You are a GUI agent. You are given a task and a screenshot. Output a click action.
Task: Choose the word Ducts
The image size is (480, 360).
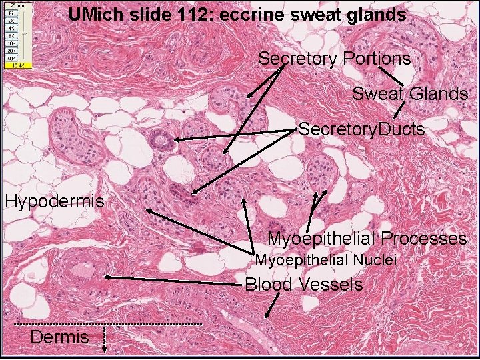[x=401, y=129]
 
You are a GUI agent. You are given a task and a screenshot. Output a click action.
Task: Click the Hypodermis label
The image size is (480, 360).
[x=55, y=201]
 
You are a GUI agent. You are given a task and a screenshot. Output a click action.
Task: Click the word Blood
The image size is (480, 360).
[x=269, y=285]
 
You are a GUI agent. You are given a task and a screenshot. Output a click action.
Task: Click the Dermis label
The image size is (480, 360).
[x=59, y=337]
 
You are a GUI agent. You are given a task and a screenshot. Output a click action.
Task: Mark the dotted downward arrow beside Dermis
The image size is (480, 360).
[x=105, y=338]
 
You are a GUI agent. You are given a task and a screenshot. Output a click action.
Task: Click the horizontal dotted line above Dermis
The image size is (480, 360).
[x=107, y=324]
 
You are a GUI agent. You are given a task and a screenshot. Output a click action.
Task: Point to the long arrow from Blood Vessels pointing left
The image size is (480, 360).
[x=173, y=280]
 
